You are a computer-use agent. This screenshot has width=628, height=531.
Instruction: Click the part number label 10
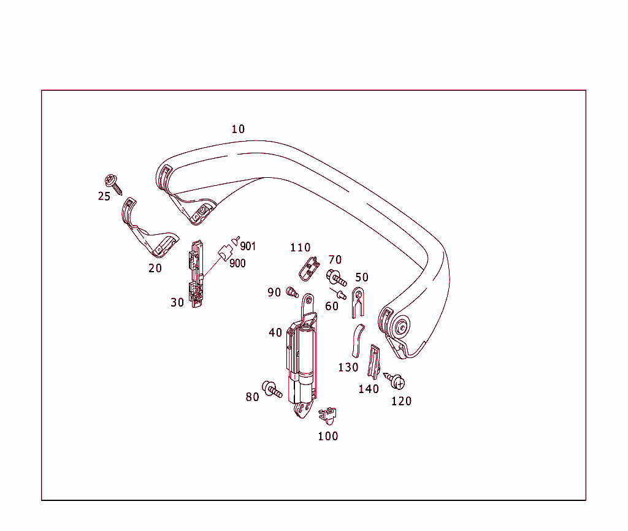(x=238, y=129)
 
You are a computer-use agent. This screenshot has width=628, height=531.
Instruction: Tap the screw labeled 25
(x=112, y=182)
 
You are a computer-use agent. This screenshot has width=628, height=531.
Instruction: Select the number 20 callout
(x=155, y=268)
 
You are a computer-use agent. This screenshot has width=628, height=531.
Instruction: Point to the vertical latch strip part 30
(x=196, y=272)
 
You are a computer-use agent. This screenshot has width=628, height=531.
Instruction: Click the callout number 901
(x=248, y=246)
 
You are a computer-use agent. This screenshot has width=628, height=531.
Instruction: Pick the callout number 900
(x=237, y=263)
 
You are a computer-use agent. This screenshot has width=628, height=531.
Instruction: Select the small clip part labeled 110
(x=309, y=267)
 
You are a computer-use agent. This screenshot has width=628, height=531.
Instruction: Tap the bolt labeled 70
(x=335, y=278)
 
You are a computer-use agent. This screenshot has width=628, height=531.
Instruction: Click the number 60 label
(x=332, y=306)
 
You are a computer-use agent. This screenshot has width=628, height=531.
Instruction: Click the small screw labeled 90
(x=292, y=292)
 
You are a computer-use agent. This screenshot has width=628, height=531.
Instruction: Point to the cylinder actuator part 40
(x=302, y=356)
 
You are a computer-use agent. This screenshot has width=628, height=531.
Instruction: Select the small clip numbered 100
(x=329, y=414)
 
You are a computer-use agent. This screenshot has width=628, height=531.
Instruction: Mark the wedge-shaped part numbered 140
(x=373, y=362)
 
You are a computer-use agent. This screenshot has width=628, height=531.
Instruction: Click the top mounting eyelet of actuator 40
(x=308, y=300)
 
